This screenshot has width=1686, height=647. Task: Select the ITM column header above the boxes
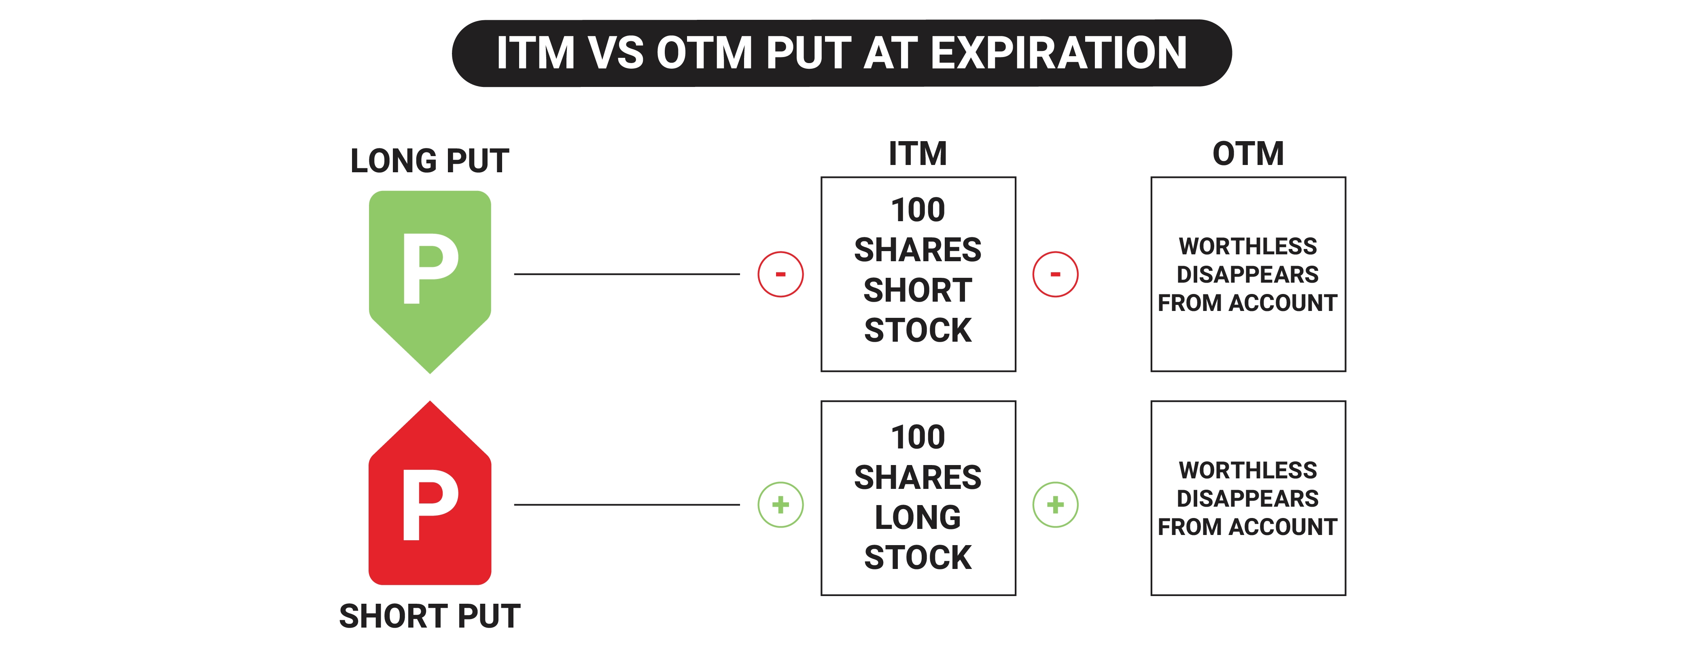pyautogui.click(x=918, y=154)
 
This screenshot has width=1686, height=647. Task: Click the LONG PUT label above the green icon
pyautogui.click(x=429, y=161)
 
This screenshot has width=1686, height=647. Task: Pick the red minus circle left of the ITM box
pyautogui.click(x=780, y=274)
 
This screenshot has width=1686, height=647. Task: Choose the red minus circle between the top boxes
pyautogui.click(x=1055, y=274)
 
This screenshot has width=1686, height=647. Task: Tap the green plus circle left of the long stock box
pyautogui.click(x=780, y=504)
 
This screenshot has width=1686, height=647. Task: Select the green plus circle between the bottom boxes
pyautogui.click(x=1055, y=504)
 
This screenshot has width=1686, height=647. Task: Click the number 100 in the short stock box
pyautogui.click(x=918, y=210)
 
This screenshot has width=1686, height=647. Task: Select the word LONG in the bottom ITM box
pyautogui.click(x=918, y=518)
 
